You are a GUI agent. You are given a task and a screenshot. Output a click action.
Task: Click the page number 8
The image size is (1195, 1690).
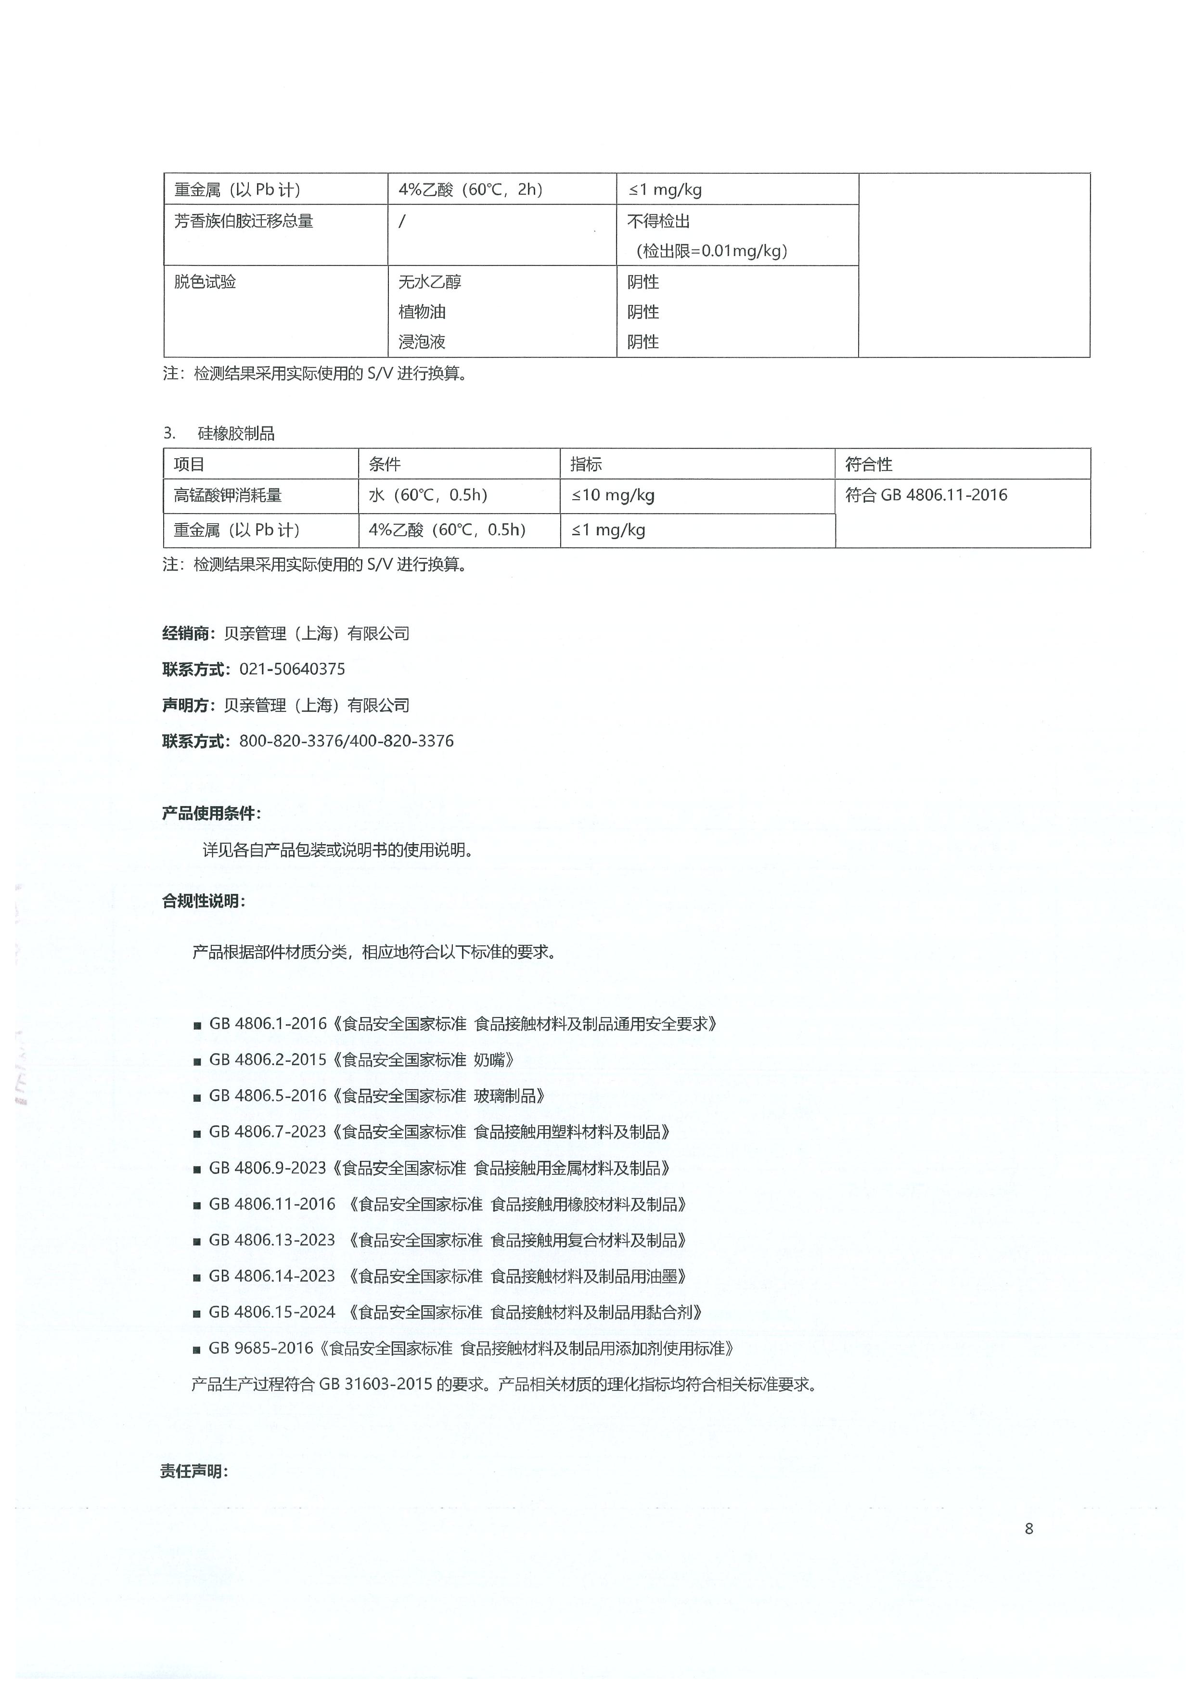1028,1529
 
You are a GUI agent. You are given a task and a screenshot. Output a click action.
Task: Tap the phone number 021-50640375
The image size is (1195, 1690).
292,669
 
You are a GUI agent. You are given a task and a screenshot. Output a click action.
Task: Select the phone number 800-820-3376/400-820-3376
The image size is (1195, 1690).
346,741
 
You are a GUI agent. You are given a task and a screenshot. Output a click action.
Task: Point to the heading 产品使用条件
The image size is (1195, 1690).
210,813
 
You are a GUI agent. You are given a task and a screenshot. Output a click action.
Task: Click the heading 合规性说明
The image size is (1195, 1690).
203,901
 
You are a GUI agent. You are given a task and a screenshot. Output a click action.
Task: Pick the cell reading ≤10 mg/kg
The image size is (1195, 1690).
613,495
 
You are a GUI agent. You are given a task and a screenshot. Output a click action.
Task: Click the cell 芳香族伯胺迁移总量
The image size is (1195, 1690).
244,221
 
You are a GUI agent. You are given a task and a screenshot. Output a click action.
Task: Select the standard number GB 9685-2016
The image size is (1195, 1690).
261,1348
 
